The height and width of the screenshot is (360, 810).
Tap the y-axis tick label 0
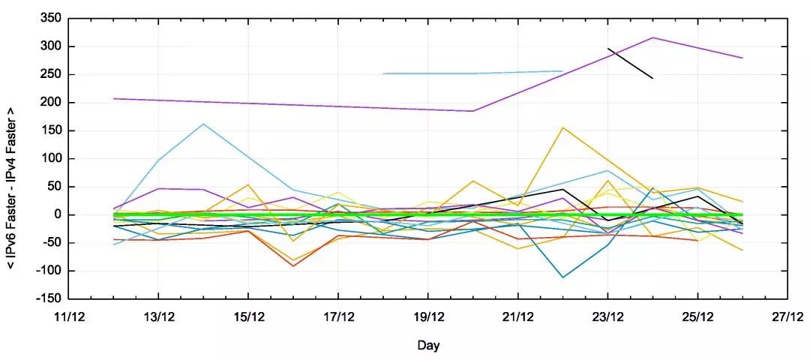57,215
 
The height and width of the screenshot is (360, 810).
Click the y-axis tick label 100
50,159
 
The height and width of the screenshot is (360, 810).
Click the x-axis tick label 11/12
68,316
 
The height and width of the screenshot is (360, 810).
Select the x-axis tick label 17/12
338,316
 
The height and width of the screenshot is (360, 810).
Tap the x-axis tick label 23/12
608,316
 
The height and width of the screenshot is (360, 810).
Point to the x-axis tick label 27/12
787,316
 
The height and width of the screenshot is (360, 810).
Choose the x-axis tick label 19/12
428,316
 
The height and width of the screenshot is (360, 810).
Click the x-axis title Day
428,346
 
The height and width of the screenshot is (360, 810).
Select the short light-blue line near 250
472,73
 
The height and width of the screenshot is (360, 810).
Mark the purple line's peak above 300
653,37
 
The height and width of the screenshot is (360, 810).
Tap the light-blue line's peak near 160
203,124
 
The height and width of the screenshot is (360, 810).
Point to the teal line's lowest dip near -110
563,277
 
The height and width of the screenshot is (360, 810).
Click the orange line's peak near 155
563,127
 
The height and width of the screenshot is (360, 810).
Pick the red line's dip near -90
293,266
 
